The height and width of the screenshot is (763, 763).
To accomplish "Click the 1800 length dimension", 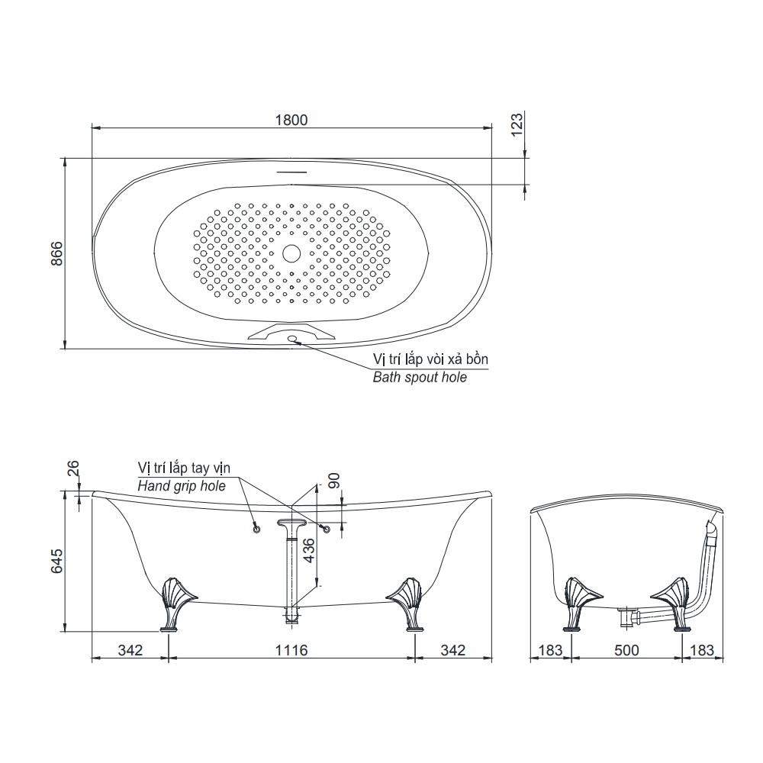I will pos(290,119).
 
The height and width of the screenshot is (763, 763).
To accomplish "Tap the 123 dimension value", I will pos(517,126).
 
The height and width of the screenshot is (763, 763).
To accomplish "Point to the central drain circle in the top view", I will pos(291,253).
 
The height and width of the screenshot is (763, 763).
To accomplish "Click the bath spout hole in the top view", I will pos(292,339).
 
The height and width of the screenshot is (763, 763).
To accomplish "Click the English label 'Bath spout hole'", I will pos(419,377).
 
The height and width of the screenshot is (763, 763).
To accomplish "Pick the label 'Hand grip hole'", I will pos(181,486).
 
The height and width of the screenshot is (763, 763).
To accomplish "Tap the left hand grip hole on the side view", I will pos(256,528).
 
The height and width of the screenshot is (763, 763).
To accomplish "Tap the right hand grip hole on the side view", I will pos(327,529).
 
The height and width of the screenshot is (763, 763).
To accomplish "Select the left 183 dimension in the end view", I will pos(548,650).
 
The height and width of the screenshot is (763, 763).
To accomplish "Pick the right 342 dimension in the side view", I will pos(453,650).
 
